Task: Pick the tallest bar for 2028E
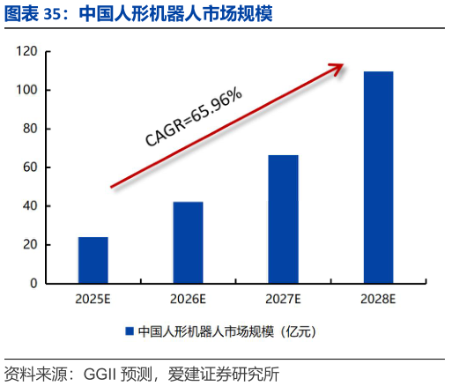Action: click(x=378, y=177)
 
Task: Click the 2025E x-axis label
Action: click(x=93, y=299)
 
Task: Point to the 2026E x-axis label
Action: click(x=188, y=299)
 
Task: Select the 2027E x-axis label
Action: click(x=283, y=299)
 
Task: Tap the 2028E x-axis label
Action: click(x=378, y=299)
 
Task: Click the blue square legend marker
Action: click(x=130, y=332)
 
